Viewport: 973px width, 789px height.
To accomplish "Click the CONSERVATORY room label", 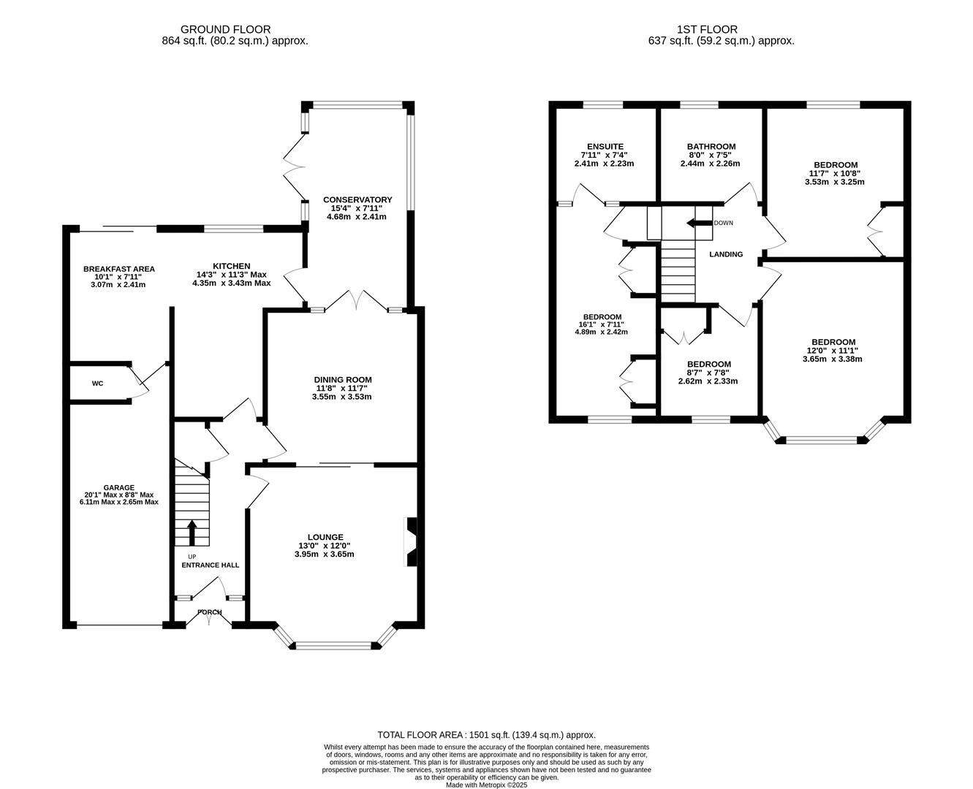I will pos(357,199).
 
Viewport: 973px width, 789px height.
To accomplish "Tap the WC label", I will pos(97,383).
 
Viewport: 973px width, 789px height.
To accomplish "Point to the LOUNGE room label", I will pos(319,537).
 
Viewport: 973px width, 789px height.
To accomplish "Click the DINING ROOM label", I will pos(343,379).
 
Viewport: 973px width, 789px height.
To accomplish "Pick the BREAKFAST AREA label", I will pos(118,269).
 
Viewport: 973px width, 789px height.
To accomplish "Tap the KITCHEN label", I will pos(231,266).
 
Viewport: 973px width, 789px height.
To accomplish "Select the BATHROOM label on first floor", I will pos(711,146).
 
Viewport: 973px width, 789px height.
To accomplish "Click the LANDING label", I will pos(726,254).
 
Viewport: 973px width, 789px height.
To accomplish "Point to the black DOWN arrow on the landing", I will pos(698,224).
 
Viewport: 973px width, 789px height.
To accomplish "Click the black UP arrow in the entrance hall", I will pos(192,533).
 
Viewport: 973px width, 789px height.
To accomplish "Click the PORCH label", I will pos(209,612).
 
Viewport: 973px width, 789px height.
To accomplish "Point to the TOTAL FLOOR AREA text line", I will pos(486,734).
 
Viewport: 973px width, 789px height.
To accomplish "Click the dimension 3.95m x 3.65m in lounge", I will pos(319,554).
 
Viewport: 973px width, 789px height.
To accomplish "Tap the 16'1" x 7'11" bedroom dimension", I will pos(602,324).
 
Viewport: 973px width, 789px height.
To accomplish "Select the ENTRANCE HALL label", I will pos(210,565).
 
